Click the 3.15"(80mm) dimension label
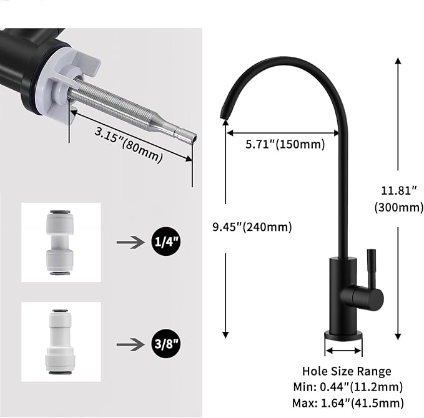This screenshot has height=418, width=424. (128, 144)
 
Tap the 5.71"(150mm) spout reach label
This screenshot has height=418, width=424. (275, 145)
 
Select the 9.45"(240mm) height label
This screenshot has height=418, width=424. (252, 226)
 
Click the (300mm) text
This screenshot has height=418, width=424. (399, 207)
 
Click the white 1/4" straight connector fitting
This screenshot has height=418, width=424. (61, 241)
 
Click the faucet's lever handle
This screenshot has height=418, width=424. (371, 275)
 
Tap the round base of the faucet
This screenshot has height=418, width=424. (342, 335)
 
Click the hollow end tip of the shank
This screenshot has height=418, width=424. (185, 132)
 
